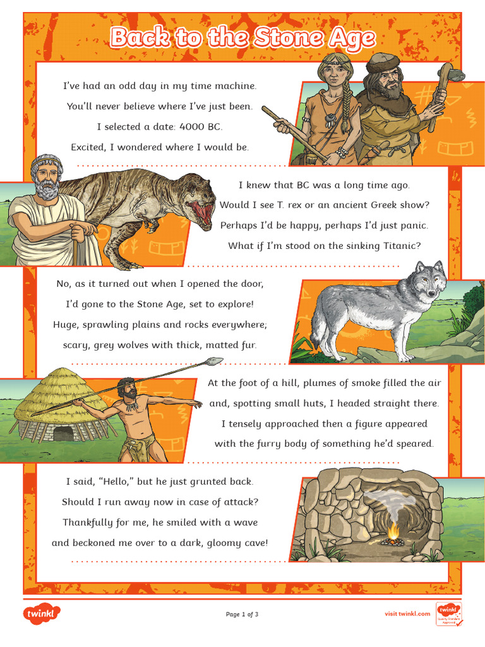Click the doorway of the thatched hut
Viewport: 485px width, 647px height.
63,433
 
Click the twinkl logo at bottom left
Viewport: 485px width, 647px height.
42,614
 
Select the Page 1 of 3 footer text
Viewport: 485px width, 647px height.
242,614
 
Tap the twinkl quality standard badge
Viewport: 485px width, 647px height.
449,614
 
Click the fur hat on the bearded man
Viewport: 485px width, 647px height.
381,61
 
